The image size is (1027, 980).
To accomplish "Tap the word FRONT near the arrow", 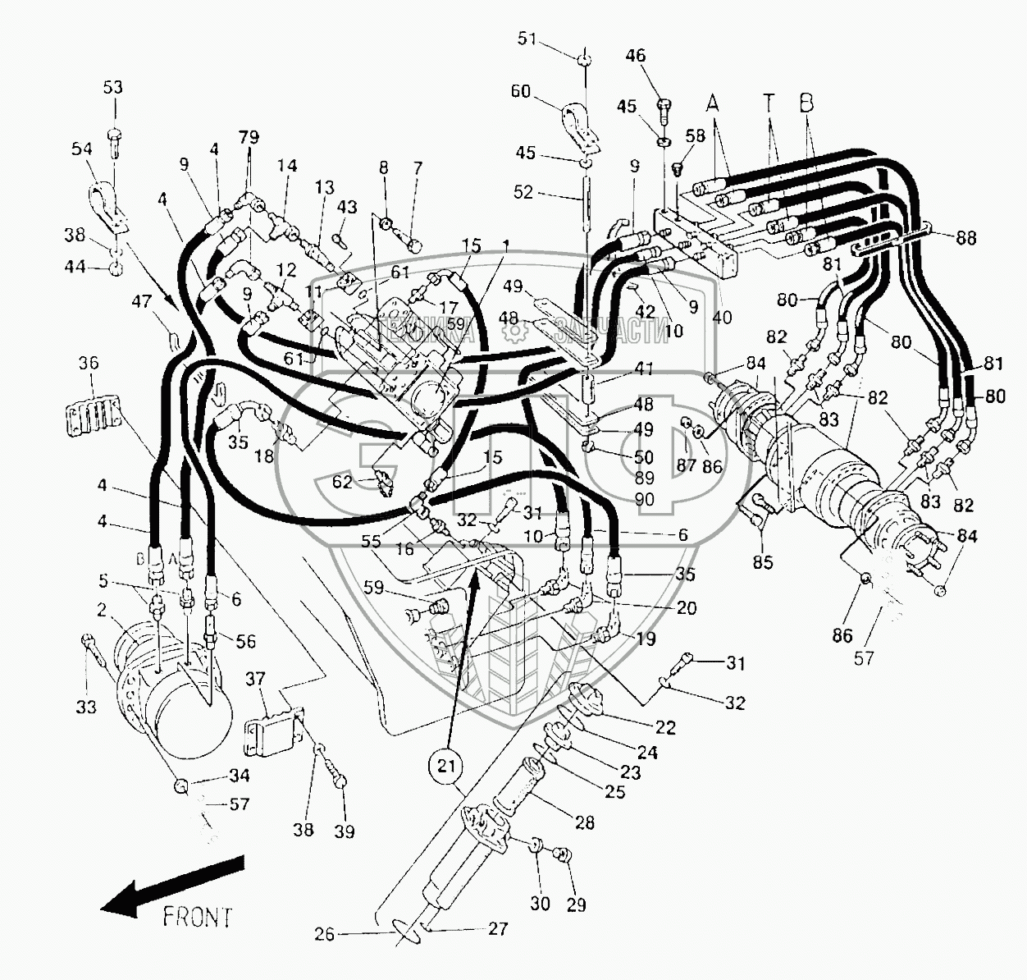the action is pyautogui.click(x=197, y=916).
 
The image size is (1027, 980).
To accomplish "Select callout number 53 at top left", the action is pyautogui.click(x=113, y=88).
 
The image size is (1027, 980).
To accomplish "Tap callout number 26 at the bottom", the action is pyautogui.click(x=325, y=934).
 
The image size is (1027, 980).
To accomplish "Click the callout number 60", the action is pyautogui.click(x=521, y=91).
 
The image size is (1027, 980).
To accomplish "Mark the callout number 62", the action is pyautogui.click(x=342, y=483).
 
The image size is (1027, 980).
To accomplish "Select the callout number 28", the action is pyautogui.click(x=584, y=822).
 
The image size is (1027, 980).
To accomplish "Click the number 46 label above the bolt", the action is pyautogui.click(x=636, y=56).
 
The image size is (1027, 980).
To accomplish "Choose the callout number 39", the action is pyautogui.click(x=345, y=831).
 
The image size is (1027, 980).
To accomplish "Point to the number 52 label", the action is pyautogui.click(x=523, y=193).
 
